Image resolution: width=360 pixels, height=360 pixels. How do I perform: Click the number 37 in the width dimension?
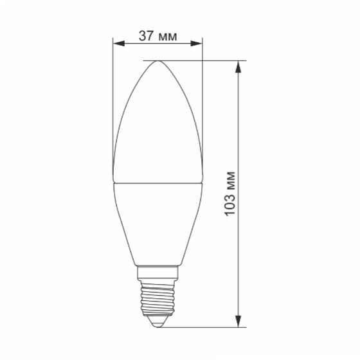point(146,36)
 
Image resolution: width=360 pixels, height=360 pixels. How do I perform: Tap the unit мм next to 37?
point(166,36)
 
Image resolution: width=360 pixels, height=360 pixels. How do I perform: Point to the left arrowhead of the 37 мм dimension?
point(117,44)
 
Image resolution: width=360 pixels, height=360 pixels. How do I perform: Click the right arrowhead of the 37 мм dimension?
point(199,44)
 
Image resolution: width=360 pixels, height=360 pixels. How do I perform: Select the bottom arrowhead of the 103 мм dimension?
point(240,323)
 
